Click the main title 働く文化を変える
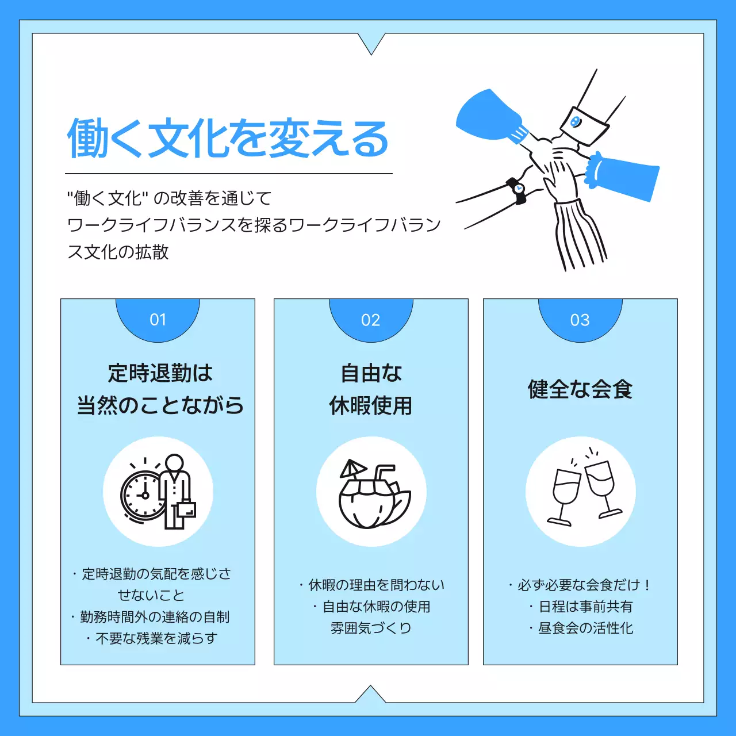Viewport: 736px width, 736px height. (228, 139)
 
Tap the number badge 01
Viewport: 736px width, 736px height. (158, 320)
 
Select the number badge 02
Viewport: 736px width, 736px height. (371, 320)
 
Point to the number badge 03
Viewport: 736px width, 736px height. (580, 320)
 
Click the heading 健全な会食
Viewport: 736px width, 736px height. (580, 389)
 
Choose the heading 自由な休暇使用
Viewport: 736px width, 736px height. (371, 389)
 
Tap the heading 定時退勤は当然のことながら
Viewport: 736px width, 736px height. (160, 389)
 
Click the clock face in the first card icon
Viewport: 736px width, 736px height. (143, 494)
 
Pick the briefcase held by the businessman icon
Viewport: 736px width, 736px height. (185, 509)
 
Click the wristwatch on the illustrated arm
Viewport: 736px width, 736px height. (517, 190)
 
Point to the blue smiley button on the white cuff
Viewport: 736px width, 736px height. (575, 121)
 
